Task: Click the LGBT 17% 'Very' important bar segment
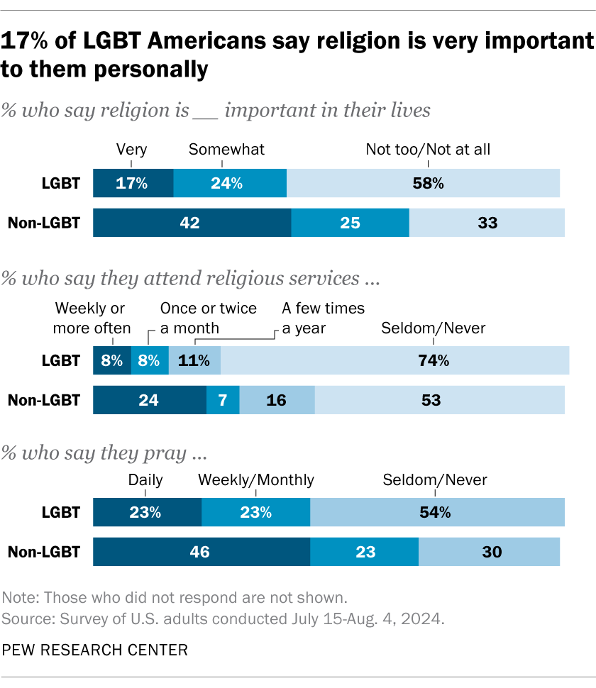point(133,184)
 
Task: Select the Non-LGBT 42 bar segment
point(192,223)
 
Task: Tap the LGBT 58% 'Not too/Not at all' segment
point(423,184)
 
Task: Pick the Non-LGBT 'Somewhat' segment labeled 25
point(350,223)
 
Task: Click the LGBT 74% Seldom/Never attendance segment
point(394,360)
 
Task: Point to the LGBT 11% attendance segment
point(194,360)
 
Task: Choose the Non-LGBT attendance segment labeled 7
point(223,400)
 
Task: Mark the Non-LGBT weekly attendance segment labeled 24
point(150,400)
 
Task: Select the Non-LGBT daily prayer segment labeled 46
point(202,552)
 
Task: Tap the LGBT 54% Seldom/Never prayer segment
point(437,512)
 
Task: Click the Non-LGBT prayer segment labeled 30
point(489,552)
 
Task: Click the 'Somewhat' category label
point(226,149)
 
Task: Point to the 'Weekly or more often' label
point(93,318)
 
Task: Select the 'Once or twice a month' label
point(208,318)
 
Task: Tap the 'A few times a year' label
point(323,318)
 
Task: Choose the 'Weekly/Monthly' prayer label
point(255,480)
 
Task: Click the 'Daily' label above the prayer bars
point(145,480)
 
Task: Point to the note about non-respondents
point(175,596)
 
